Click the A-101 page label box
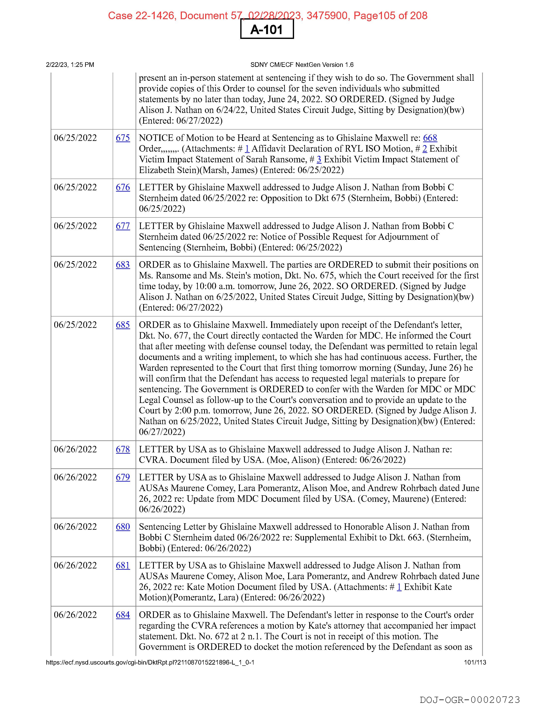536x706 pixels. pos(267,29)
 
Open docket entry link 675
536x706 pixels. pos(123,138)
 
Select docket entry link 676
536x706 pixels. pos(123,187)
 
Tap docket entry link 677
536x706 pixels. pos(123,226)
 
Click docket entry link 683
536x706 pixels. pos(123,265)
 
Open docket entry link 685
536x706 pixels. pos(123,325)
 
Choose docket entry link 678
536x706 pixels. pos(123,449)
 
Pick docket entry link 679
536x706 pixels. pos(123,477)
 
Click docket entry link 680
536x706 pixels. pos(123,527)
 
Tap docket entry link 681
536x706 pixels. pos(123,565)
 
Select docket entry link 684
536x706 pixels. pos(123,615)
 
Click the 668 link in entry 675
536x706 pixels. pos(430,138)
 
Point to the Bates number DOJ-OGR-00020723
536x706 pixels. pos(470,700)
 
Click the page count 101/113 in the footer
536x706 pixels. pos(475,662)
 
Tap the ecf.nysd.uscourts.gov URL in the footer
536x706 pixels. pos(150,662)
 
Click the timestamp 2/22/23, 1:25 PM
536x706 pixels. pos(70,65)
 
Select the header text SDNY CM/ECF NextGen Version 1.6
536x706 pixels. pos(302,65)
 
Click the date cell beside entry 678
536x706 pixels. pos(75,449)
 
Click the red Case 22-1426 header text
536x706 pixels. pos(267,15)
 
